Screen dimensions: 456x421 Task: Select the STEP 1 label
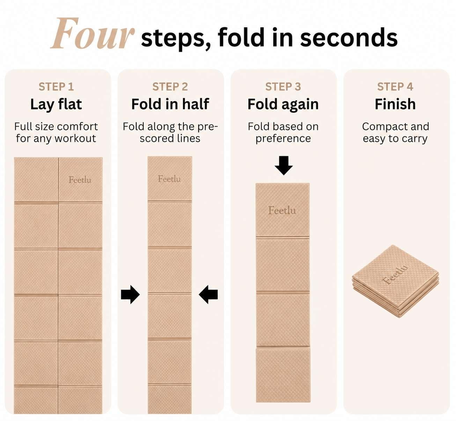56,87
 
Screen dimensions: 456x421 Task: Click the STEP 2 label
170,87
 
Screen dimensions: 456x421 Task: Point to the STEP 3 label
283,87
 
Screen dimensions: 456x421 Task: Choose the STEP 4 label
395,87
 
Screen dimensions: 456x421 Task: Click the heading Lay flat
56,104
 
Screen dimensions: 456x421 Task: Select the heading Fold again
283,105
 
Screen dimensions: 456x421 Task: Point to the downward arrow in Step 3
284,165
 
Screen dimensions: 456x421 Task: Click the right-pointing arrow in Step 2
130,294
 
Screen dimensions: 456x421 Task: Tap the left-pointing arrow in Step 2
208,294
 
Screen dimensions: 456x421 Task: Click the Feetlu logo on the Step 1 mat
80,180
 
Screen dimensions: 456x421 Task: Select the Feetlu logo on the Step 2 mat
169,179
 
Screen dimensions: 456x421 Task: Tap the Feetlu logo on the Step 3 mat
282,210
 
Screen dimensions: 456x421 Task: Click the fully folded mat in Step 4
395,281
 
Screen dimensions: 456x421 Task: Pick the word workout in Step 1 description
75,138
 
